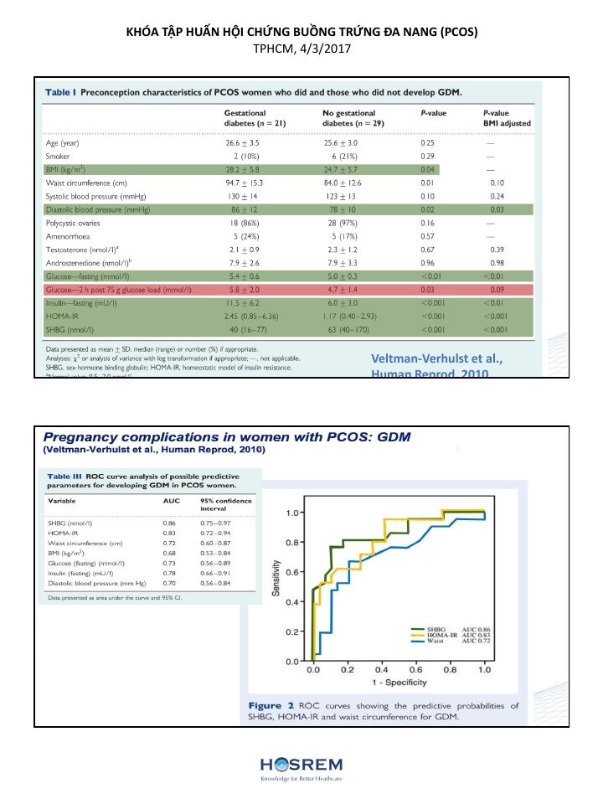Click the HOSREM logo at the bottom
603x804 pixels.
pyautogui.click(x=301, y=766)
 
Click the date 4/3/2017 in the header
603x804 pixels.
pyautogui.click(x=322, y=49)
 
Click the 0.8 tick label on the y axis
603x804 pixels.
pyautogui.click(x=293, y=542)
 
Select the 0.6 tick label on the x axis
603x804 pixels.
pyautogui.click(x=415, y=671)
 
